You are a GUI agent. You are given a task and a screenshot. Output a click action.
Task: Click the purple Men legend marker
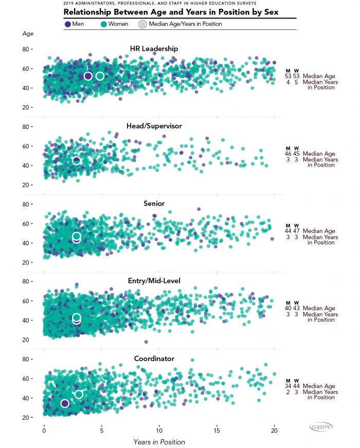tap(68, 24)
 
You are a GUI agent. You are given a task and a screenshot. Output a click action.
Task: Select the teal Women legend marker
tap(103, 24)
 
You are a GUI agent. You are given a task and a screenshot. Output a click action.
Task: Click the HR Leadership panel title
tap(154, 49)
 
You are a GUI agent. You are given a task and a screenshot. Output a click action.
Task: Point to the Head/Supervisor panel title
tap(154, 126)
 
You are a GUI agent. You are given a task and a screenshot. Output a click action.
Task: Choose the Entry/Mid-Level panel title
tap(154, 281)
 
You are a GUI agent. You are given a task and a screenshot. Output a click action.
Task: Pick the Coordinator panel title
tap(154, 359)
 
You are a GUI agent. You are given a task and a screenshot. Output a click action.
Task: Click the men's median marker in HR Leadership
tap(88, 76)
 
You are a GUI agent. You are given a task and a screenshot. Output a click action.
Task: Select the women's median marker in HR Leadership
tap(100, 76)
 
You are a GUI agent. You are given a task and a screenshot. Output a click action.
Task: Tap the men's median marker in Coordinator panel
tap(65, 403)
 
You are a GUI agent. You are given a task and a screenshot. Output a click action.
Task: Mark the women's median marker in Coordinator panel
tap(79, 394)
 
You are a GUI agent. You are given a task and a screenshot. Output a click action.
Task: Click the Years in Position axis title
tap(159, 442)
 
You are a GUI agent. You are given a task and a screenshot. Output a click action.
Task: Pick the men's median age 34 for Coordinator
tap(288, 386)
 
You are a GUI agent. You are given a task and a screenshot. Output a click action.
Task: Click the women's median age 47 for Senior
tap(296, 231)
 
